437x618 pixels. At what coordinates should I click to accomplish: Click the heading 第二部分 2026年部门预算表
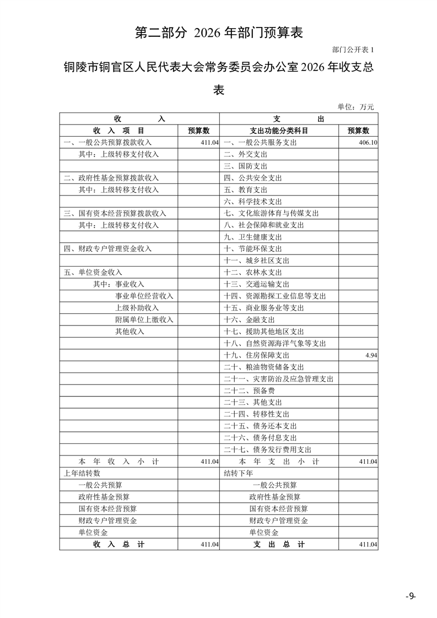(219, 32)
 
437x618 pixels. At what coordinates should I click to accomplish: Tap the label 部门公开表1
(353, 50)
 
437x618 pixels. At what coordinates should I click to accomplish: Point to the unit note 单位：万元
(355, 107)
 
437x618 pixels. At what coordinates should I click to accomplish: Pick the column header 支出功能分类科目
(278, 131)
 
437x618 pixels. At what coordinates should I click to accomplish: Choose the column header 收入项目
(118, 131)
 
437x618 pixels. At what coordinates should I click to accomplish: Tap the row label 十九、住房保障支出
(256, 355)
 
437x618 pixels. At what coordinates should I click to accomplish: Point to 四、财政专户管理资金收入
(107, 248)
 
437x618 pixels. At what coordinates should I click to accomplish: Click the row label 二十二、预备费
(249, 391)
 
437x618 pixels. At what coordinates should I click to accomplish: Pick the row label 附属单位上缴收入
(144, 319)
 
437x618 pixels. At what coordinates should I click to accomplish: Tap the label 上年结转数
(82, 473)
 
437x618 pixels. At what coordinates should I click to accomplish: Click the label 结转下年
(239, 473)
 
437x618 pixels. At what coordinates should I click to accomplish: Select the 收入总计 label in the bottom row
(118, 544)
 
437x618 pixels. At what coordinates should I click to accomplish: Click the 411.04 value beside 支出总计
(368, 544)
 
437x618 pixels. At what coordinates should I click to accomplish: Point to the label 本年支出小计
(278, 462)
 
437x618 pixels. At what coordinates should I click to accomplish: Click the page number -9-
(411, 596)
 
